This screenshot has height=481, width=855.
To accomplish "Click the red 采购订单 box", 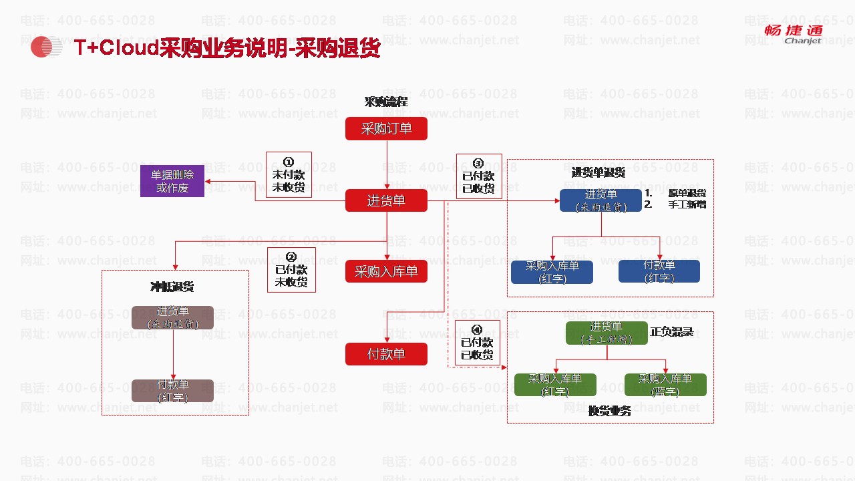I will point(386,128).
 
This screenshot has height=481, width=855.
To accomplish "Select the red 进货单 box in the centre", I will point(386,200).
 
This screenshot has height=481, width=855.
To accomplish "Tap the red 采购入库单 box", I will point(386,272).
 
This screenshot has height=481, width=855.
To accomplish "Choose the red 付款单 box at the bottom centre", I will point(386,354).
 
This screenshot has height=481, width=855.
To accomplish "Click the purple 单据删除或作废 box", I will point(172,181).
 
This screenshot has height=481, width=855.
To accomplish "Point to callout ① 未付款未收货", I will point(289,175).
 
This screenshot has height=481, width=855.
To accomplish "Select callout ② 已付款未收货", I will point(291,270).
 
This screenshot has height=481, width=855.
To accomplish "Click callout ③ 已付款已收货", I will point(478,176).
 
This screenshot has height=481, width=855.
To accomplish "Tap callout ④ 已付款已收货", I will point(477,343).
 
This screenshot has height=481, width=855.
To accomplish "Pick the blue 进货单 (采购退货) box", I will point(601,200).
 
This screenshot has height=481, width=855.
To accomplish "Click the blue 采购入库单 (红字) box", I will point(552,272).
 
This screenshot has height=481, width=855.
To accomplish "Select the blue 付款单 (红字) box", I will point(659,271).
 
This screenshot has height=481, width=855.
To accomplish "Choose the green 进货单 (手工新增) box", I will point(607,333).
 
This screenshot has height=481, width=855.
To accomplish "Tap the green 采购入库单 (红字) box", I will point(555,385).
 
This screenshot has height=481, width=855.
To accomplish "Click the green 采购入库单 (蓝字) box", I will point(665,385).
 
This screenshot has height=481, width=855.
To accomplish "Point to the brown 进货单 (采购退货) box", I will point(172,317).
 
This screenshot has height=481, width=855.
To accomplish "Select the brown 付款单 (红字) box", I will point(172,391).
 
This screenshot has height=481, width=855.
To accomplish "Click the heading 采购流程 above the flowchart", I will point(386,102).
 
